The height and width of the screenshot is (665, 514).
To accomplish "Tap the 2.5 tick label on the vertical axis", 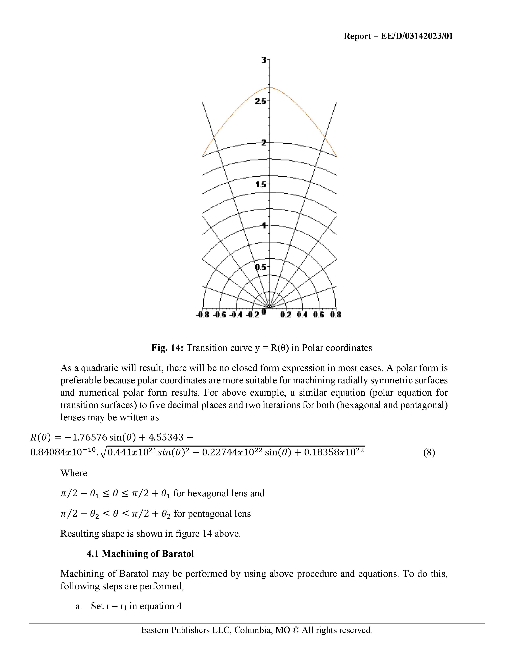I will [261, 101].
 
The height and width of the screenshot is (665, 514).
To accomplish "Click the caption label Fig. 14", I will [167, 348].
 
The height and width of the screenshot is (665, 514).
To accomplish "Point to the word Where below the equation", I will [74, 473].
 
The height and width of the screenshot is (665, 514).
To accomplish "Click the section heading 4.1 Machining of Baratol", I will [140, 554].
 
